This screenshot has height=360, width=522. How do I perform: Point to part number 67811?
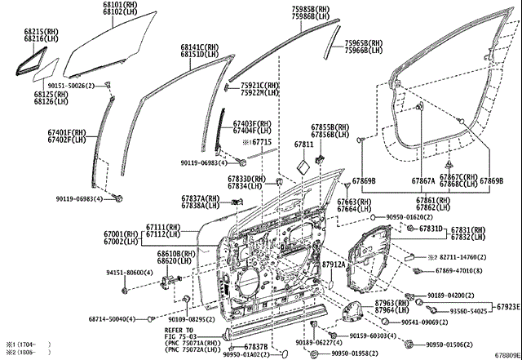303,144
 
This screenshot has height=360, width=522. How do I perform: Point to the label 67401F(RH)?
66,131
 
